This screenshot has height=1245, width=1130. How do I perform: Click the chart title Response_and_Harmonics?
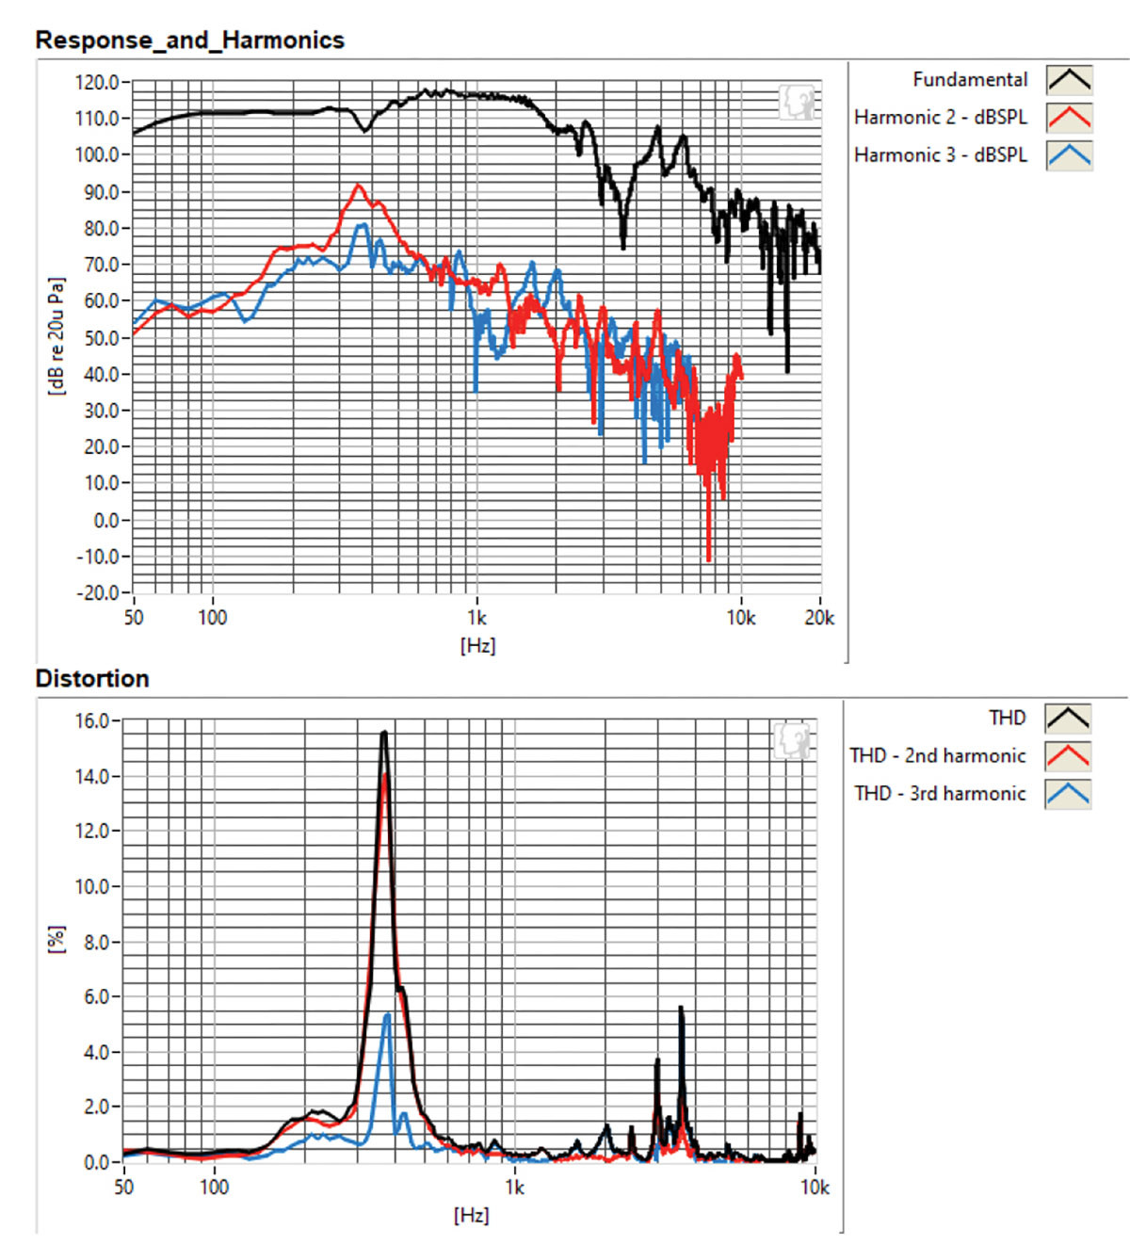pos(189,40)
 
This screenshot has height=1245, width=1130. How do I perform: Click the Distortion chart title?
pos(92,679)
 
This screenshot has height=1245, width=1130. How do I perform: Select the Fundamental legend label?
pos(969,80)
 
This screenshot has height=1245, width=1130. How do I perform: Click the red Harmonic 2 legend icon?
pos(1069,118)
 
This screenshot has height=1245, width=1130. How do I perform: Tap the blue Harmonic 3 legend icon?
pos(1069,155)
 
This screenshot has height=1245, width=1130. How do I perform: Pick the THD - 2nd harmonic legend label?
pos(937,756)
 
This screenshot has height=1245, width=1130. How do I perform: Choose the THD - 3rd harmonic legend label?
pos(940,794)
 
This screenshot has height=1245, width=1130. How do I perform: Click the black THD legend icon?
pos(1067,719)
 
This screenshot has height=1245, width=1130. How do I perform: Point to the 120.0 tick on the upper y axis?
pos(97,83)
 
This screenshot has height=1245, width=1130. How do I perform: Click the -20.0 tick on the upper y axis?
pos(97,593)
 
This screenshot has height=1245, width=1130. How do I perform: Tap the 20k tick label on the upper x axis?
pos(819,618)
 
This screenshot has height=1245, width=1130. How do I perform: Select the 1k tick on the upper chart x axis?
pos(476,618)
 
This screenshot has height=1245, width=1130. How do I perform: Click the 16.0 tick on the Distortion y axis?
pos(92,721)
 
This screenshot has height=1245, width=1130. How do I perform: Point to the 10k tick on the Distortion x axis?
pos(815,1188)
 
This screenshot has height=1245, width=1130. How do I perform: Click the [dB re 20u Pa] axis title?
pos(57,336)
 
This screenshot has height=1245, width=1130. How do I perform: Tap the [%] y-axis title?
pos(57,939)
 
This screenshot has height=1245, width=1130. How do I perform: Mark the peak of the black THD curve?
pos(384,733)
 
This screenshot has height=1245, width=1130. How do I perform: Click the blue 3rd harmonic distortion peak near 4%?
pos(387,1015)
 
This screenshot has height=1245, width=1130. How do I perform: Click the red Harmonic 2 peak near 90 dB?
pos(357,186)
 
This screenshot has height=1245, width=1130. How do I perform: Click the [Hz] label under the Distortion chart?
pos(471,1216)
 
